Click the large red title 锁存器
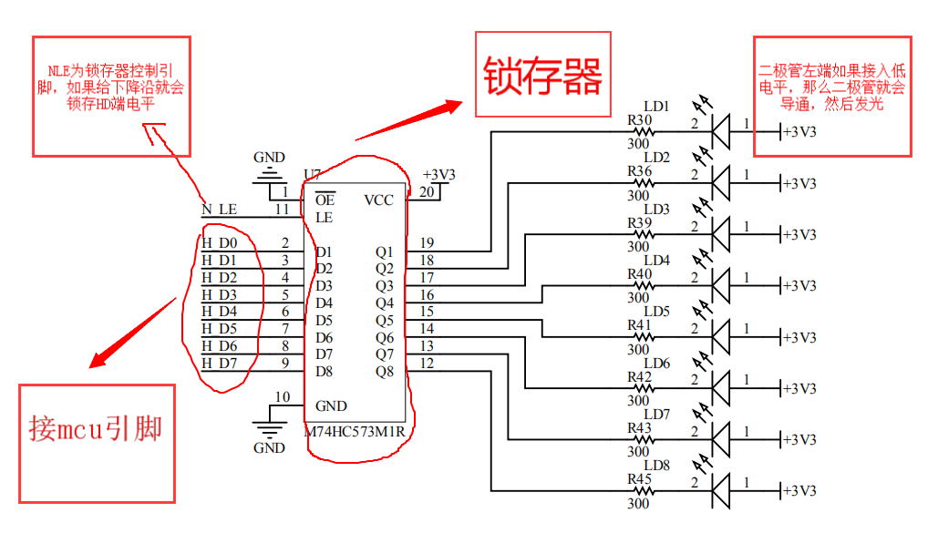(x=543, y=77)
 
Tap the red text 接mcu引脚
(x=96, y=427)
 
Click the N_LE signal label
(x=219, y=210)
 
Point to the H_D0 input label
(x=219, y=243)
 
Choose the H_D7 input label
(x=219, y=364)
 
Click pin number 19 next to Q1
(x=427, y=243)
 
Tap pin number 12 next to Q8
(x=427, y=364)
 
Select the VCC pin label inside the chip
(x=379, y=200)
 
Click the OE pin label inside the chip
(x=325, y=200)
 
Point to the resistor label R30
(x=639, y=120)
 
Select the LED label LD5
(x=656, y=312)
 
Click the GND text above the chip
(x=269, y=157)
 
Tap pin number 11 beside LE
(x=283, y=210)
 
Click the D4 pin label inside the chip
(x=324, y=303)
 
